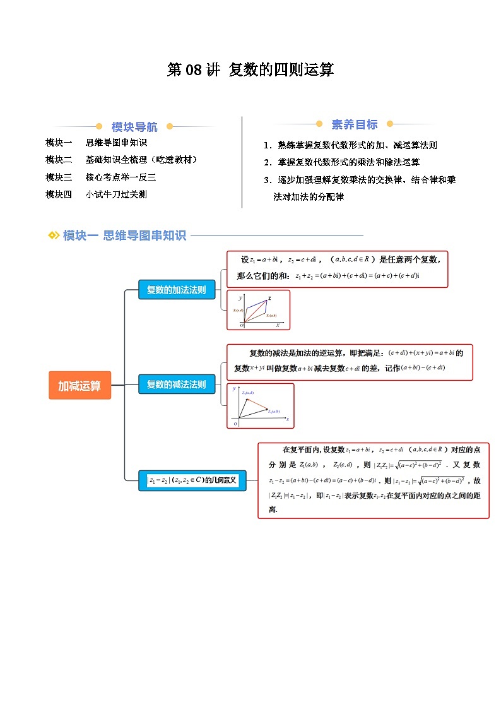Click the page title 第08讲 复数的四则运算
250,69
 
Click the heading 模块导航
134,126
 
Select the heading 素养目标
355,124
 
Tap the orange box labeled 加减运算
80,385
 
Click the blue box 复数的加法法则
176,290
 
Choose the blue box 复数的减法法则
176,384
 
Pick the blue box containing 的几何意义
192,480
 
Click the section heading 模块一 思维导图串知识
124,235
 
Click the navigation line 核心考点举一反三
121,177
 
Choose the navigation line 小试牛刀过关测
116,194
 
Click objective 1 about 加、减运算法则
351,145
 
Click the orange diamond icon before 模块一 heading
54,235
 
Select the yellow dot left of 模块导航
98,126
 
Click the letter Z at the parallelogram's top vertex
269,298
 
